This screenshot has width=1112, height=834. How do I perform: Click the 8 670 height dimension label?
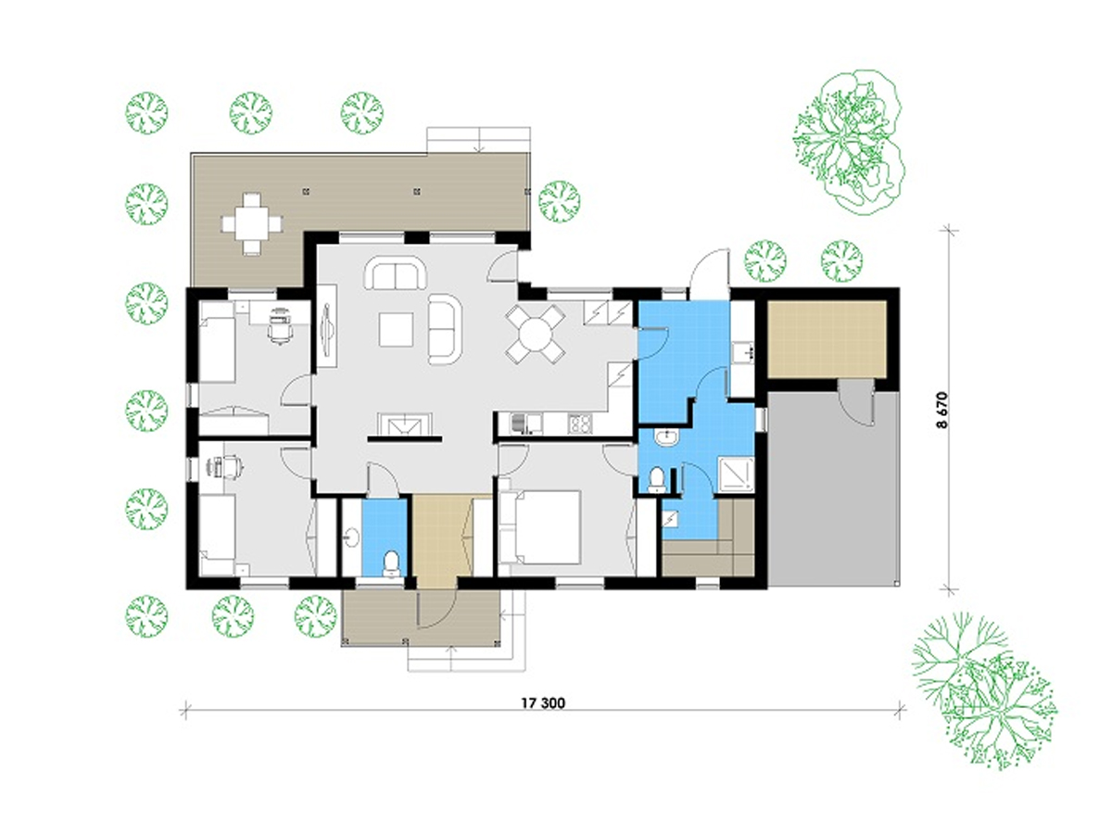tap(941, 411)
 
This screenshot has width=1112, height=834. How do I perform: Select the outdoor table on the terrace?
tap(251, 223)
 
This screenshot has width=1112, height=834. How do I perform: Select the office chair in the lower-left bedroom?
tap(232, 466)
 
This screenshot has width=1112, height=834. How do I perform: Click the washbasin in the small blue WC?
tap(350, 537)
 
